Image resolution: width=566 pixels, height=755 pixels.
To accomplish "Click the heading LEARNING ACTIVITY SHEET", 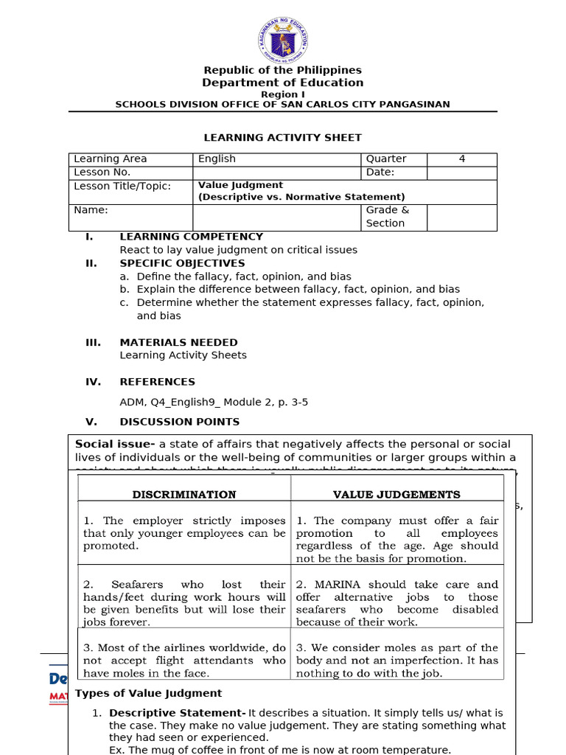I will coord(282,138).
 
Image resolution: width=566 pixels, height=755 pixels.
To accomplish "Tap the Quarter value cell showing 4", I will coord(462,159).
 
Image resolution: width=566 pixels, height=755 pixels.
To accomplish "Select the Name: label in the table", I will coord(91,210).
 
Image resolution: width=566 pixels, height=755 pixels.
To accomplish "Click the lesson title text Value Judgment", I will coord(240,185).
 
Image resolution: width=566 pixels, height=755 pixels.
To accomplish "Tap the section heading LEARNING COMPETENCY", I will coord(191,237).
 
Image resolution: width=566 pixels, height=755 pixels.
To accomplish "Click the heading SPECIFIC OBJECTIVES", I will coord(182,263).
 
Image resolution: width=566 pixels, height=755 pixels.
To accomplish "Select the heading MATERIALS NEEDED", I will coord(178,342).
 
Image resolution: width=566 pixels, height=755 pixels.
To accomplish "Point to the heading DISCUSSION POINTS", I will coord(179,422).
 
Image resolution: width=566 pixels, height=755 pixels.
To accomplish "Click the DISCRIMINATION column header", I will coord(184,495).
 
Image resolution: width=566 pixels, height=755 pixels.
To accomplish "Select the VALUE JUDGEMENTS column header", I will coord(396,495).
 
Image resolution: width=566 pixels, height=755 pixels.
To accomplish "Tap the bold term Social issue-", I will coord(115,444).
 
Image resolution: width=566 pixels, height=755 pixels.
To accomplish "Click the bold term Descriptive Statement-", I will coord(177,713).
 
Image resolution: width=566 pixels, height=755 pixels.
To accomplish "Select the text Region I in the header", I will coord(282,94).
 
